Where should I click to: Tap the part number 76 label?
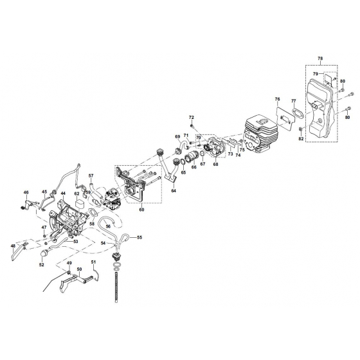click(x=278, y=99)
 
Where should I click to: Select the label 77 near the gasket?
click(x=293, y=101)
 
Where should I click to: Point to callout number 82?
click(x=301, y=139)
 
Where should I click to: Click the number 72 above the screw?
click(x=191, y=117)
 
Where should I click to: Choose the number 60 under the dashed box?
click(x=142, y=210)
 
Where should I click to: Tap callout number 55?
click(x=139, y=238)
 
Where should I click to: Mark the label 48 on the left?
click(x=14, y=246)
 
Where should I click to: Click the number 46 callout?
click(x=26, y=192)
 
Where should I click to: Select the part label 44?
click(x=63, y=194)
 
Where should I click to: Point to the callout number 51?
click(x=93, y=262)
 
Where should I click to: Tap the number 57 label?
click(x=91, y=176)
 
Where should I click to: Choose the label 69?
click(x=177, y=137)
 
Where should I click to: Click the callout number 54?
click(x=102, y=244)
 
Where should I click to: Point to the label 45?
click(x=45, y=191)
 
